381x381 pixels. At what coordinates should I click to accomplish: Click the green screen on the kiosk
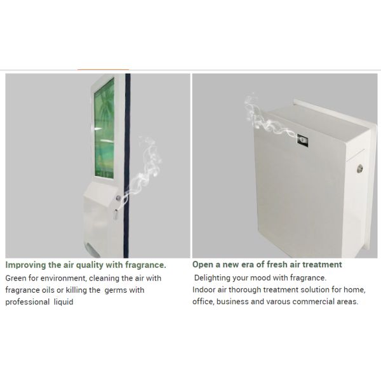[x=104, y=128]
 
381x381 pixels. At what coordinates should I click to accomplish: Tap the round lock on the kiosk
[x=118, y=198]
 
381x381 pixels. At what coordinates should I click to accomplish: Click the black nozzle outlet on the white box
[x=302, y=140]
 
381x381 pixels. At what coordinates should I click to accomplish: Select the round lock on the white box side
[x=359, y=168]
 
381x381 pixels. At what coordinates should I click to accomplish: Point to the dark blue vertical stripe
[x=127, y=166]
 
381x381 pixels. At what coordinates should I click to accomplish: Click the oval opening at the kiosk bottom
[x=93, y=250]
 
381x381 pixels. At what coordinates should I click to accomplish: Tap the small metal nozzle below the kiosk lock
[x=116, y=215]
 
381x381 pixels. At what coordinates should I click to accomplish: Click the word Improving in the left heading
[x=25, y=265]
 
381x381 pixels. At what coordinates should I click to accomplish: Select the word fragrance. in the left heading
[x=145, y=265]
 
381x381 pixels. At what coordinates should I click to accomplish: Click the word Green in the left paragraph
[x=16, y=278]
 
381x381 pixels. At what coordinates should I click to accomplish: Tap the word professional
[x=27, y=302]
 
